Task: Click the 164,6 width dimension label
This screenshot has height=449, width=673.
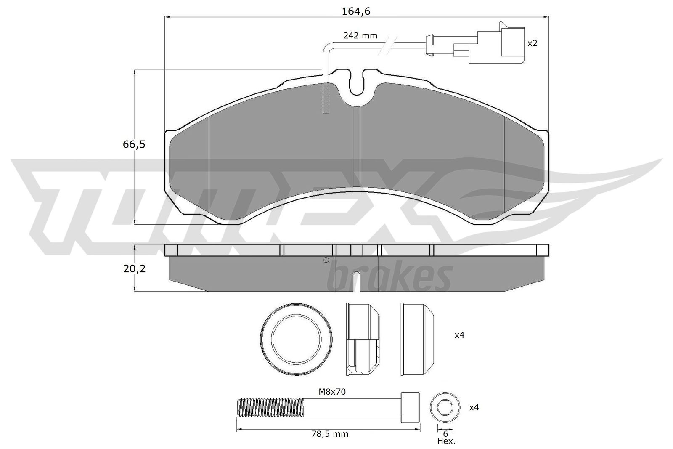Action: coord(356,11)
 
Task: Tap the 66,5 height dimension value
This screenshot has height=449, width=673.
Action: coord(134,144)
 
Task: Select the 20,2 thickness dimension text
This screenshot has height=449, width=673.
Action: coord(134,268)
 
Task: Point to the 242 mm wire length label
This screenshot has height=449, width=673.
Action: coord(360,36)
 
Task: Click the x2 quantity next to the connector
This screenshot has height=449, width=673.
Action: coord(533,43)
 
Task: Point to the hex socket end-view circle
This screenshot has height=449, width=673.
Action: coord(445,407)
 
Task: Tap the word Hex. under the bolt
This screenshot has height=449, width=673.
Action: coord(446,441)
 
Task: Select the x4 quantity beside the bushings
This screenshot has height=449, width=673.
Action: coord(459,335)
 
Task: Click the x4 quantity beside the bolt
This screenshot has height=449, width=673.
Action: coord(474,407)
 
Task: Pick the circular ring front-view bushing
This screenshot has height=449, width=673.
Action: coord(297,340)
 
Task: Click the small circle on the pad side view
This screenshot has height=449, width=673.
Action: coord(326,260)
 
